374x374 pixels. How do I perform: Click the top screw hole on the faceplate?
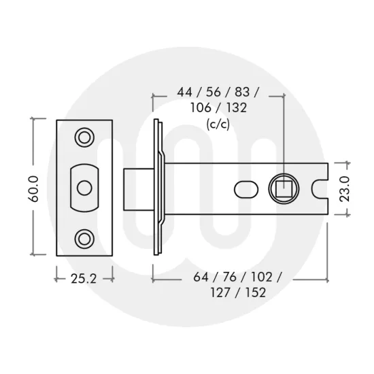coord(85,137)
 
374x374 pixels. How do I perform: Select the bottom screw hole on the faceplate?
coord(85,237)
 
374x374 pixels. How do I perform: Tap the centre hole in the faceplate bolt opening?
coord(85,186)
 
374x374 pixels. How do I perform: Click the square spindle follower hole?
coord(283,186)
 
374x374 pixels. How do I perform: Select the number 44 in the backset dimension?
coord(184,92)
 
